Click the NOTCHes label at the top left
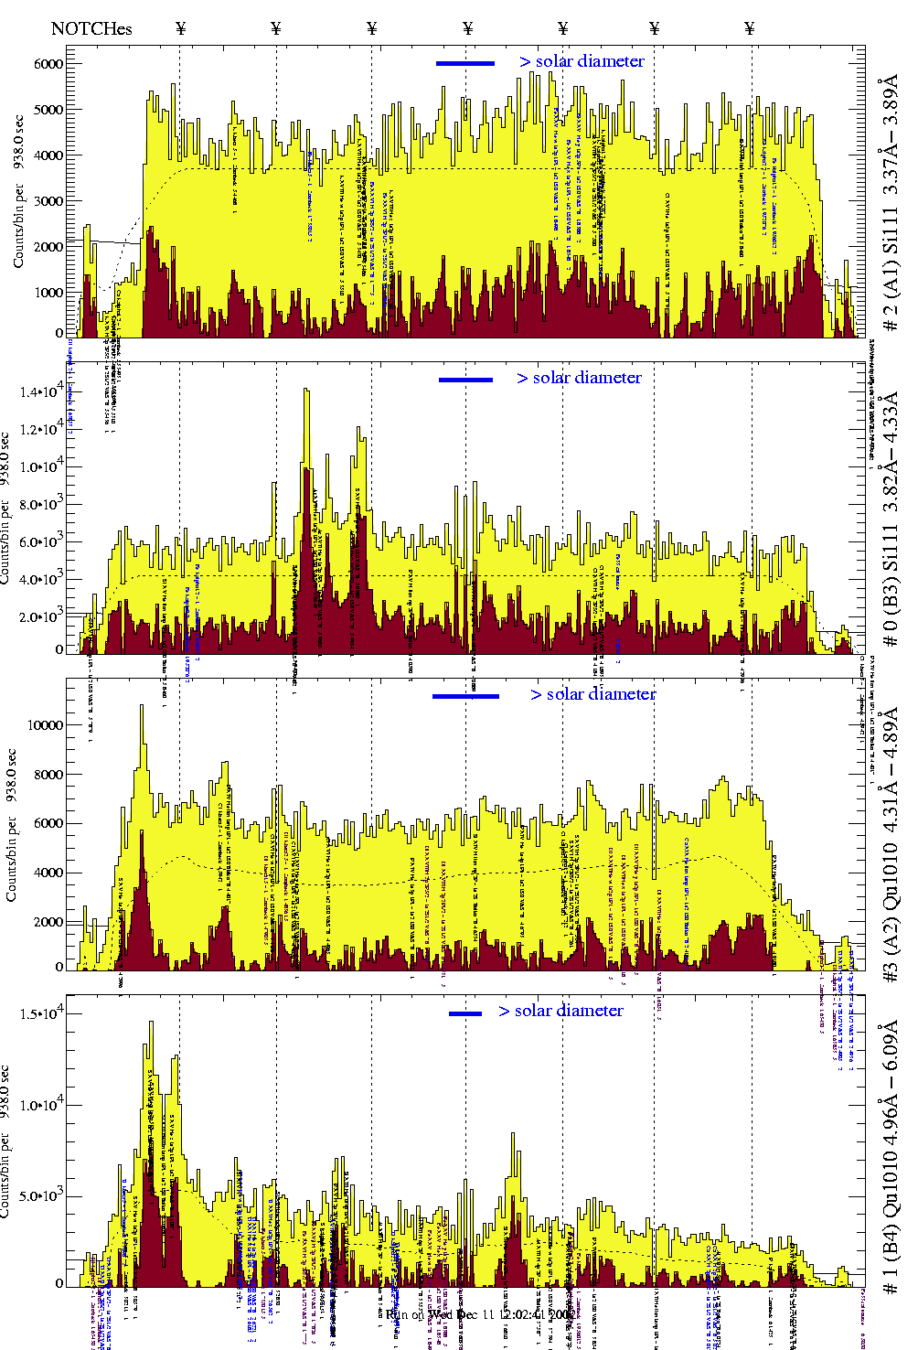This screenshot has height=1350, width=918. pos(91,28)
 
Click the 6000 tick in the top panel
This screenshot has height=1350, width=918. pos(48,64)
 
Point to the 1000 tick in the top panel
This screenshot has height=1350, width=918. pos(48,293)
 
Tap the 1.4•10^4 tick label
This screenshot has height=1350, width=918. pos(42,391)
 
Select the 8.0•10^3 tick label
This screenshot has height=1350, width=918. pos(42,504)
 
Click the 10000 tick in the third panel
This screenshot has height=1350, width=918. pos(46,725)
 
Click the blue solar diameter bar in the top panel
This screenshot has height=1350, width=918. pos(465,63)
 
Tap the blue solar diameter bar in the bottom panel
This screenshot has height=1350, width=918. pos(465,1013)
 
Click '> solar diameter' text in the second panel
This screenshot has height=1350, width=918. pos(579,378)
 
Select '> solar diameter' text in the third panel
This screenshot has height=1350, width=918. pos(592,694)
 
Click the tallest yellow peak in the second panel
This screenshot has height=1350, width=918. pos(306,391)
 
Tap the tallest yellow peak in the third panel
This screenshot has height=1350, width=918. pos(142,707)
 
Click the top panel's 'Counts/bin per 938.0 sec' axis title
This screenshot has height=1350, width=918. pos(18,192)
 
